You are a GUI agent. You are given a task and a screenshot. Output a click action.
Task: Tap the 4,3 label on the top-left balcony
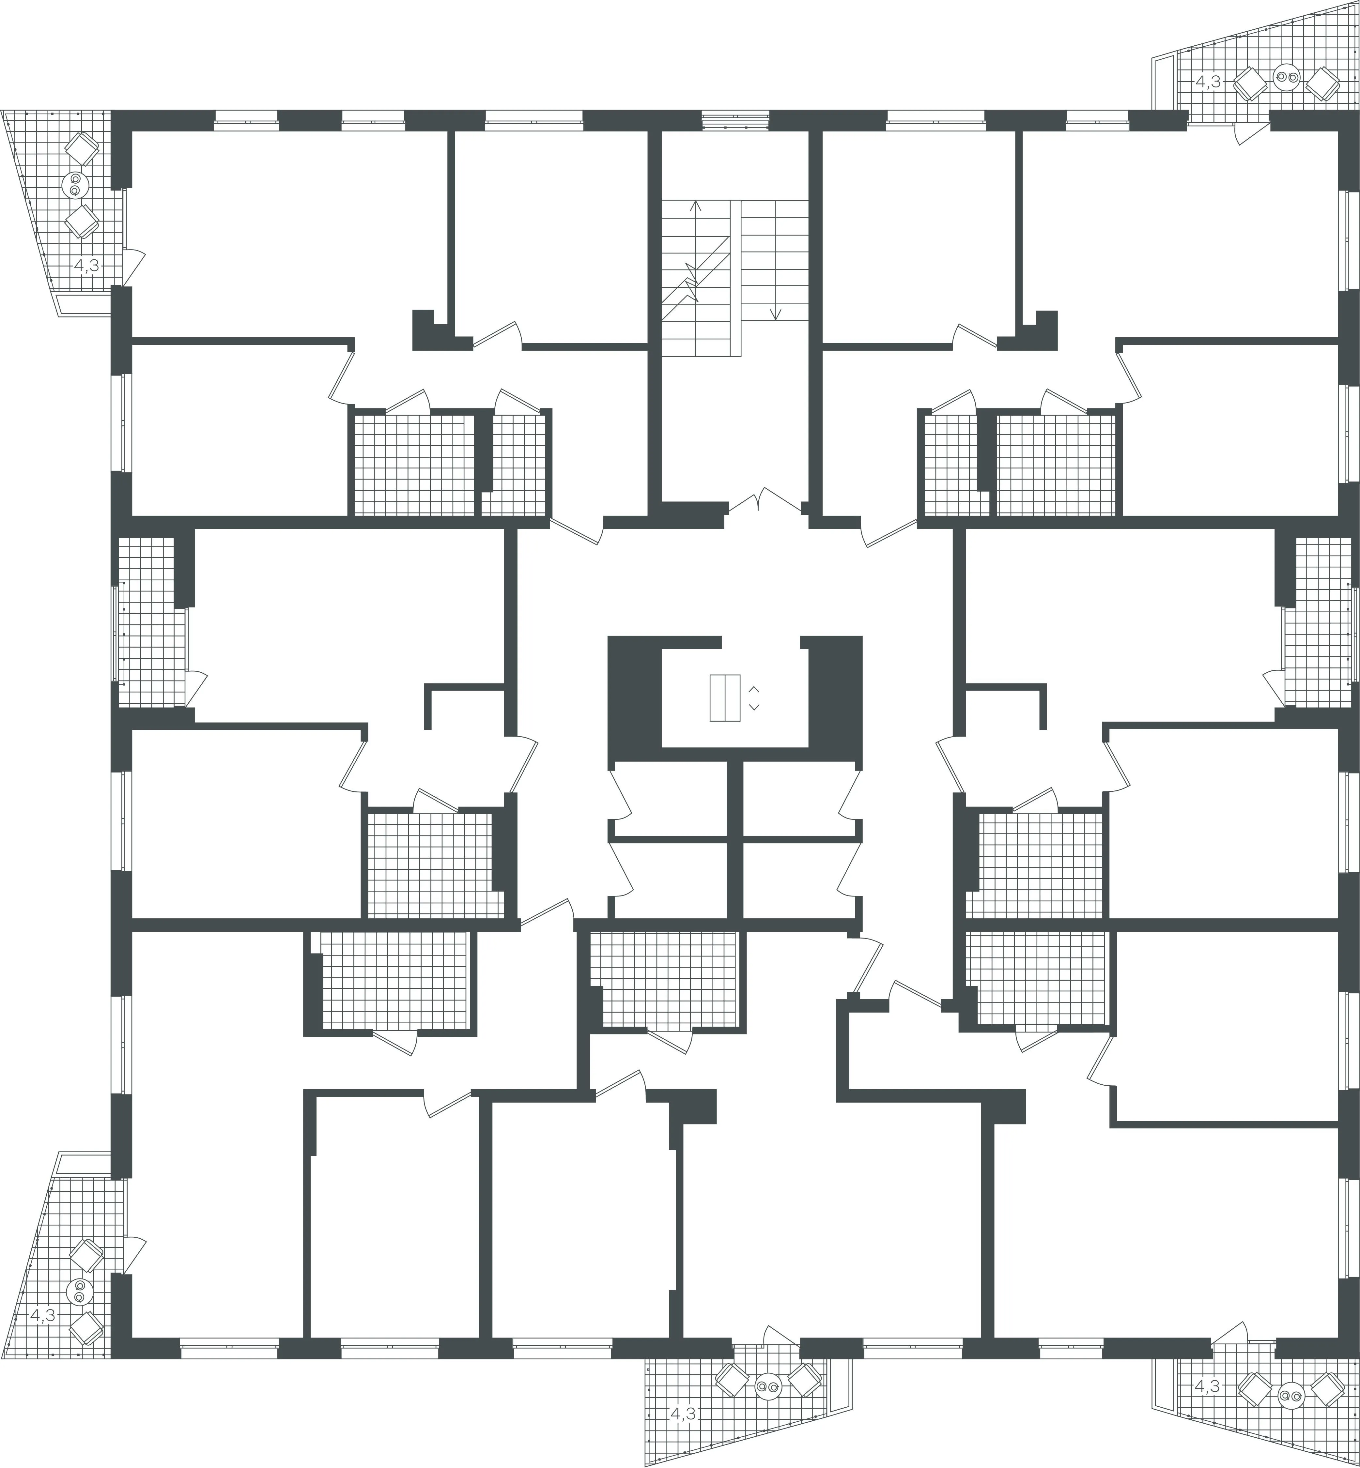pyautogui.click(x=87, y=265)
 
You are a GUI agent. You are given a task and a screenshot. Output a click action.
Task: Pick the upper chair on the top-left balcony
pyautogui.click(x=82, y=149)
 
